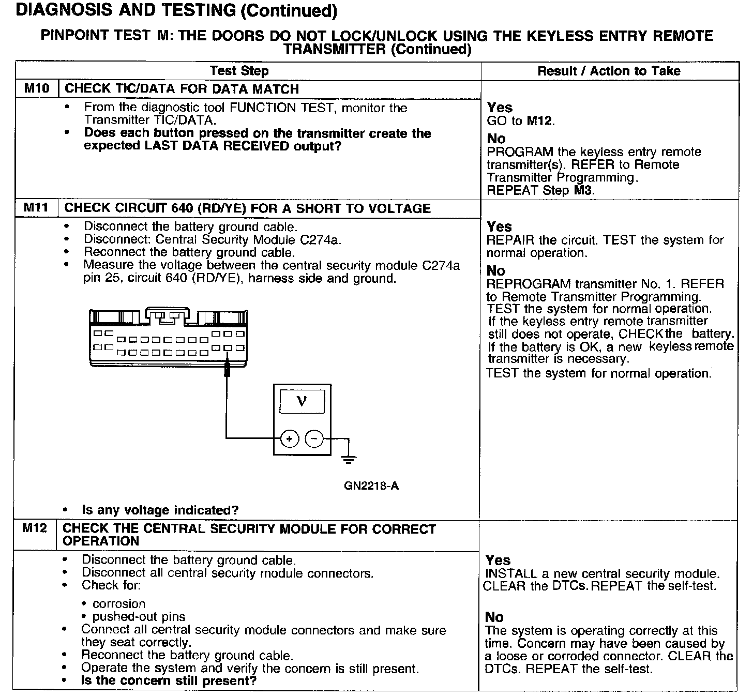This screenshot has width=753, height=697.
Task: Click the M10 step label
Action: pos(37,88)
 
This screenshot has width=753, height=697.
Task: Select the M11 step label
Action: pos(36,207)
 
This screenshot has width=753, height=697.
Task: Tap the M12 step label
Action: pos(35,528)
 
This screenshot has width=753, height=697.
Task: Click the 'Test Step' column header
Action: pos(239,70)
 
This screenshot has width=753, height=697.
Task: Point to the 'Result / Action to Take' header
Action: pos(609,71)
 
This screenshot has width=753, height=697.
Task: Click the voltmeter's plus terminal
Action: pos(290,439)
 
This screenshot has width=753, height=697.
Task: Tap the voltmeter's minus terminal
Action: pos(314,439)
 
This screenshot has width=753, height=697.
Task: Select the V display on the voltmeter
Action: pos(302,401)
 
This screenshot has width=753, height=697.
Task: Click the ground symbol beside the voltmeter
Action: pos(349,460)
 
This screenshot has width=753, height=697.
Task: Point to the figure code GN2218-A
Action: pos(371,486)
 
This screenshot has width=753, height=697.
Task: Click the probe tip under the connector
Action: pos(227,369)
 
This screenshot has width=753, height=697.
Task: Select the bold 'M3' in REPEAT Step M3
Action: pos(582,190)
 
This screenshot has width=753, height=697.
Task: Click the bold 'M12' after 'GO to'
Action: pos(539,121)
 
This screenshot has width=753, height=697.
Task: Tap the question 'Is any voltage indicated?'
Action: pos(160,510)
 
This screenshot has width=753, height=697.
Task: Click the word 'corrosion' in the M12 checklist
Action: pos(119,603)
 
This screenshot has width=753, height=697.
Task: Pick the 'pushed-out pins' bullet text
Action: pos(139,617)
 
